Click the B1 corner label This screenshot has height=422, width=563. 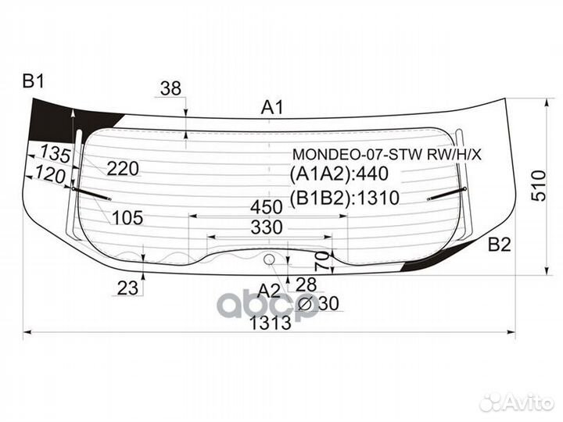[34, 80]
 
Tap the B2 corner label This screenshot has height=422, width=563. [499, 246]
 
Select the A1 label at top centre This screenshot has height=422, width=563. [271, 107]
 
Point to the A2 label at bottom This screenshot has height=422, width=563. [268, 291]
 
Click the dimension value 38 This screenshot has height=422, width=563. [170, 88]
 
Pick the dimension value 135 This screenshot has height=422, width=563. [55, 154]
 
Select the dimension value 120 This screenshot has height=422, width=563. [50, 176]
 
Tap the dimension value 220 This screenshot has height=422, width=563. [123, 168]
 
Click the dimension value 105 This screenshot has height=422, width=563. [127, 218]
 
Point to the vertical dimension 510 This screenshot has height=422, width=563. [539, 185]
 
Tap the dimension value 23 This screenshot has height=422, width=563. [127, 288]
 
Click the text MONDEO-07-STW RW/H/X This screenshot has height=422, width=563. [387, 154]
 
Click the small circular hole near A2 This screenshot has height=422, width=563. [269, 259]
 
